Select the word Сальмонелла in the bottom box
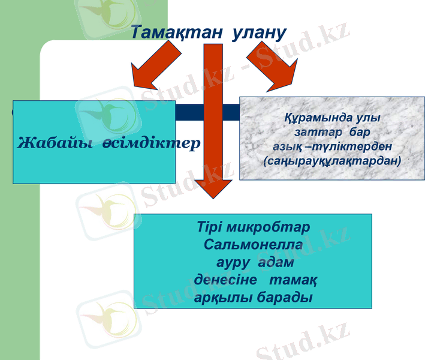[x=253, y=245]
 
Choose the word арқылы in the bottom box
[x=224, y=298]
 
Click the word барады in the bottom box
[x=284, y=298]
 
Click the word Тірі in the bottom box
[x=209, y=229]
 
